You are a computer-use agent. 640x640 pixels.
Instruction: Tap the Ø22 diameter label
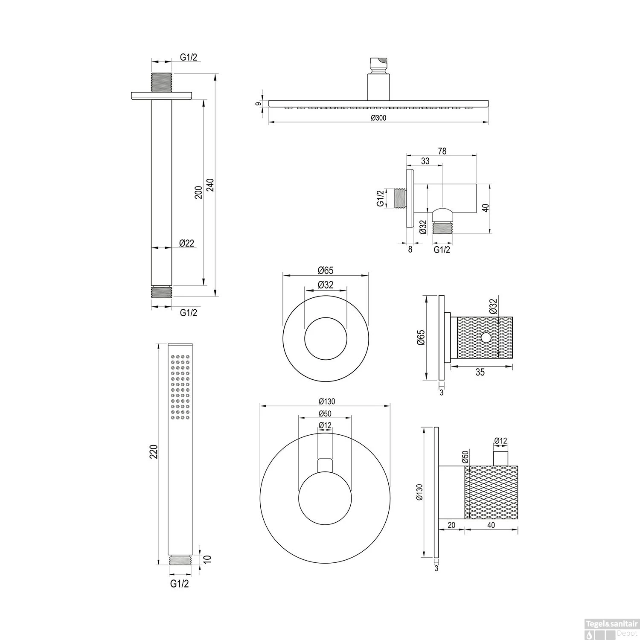pyautogui.click(x=187, y=243)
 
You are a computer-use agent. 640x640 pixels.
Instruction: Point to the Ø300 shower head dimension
pyautogui.click(x=378, y=118)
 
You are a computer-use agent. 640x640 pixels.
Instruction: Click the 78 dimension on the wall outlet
pyautogui.click(x=442, y=151)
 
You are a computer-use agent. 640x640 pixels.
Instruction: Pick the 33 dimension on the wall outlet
pyautogui.click(x=425, y=161)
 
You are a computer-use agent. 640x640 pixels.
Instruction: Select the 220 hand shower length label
pyautogui.click(x=154, y=452)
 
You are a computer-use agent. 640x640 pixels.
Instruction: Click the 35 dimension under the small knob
pyautogui.click(x=480, y=372)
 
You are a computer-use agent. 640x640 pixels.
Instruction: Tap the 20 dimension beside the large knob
pyautogui.click(x=452, y=525)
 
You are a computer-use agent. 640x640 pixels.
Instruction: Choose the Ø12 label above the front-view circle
pyautogui.click(x=325, y=425)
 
